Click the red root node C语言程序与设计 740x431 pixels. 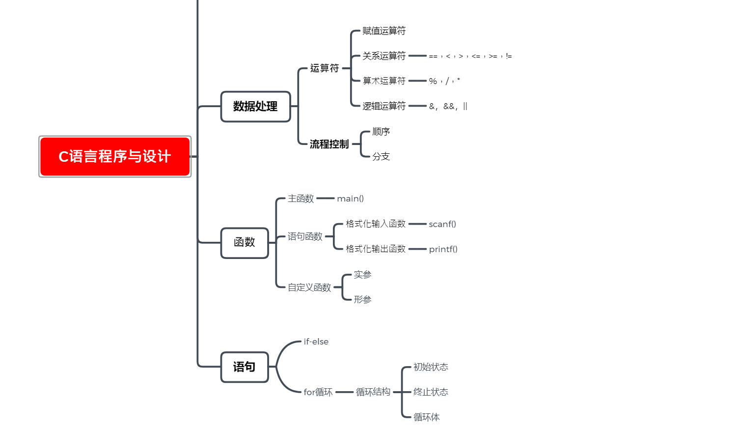point(115,156)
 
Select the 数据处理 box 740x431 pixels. point(255,107)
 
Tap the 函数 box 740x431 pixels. point(245,243)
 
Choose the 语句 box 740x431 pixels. point(245,367)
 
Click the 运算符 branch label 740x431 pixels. point(325,68)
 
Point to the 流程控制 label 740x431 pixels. point(329,144)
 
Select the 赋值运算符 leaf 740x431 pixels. point(384,31)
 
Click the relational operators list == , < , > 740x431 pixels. point(470,56)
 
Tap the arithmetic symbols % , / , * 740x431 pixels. point(444,81)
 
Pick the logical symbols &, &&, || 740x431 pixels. point(448,106)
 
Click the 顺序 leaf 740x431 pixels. point(381,132)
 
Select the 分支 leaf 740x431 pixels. point(381,156)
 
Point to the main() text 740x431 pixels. point(350,199)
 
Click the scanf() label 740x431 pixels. point(442,224)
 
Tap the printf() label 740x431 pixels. point(443,249)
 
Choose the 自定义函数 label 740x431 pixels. point(309,287)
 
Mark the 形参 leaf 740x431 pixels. point(362,299)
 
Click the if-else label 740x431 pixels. point(316,342)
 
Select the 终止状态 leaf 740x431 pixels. point(431,392)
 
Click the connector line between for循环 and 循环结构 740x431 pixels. point(345,392)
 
